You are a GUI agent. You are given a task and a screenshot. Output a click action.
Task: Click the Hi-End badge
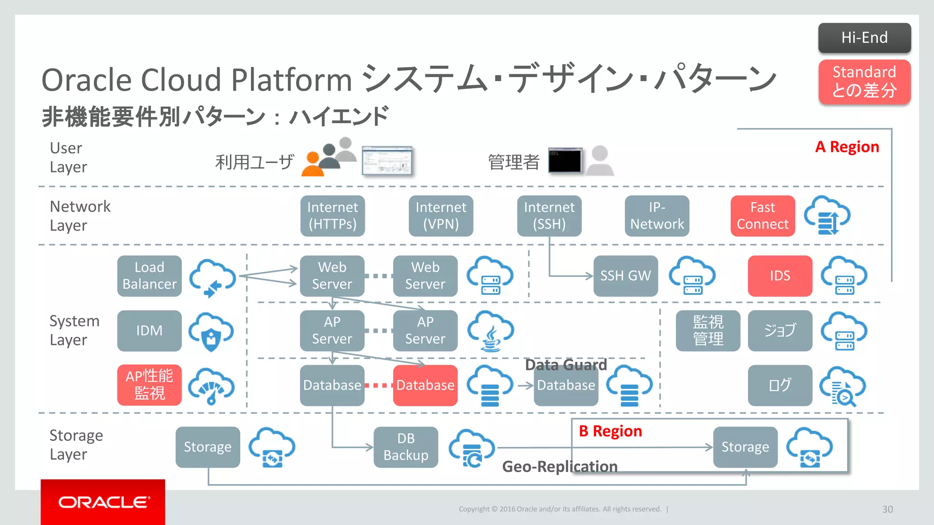coord(864,38)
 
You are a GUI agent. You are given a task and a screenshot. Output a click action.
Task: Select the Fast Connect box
coord(763,216)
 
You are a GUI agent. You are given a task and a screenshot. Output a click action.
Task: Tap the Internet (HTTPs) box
coord(332,216)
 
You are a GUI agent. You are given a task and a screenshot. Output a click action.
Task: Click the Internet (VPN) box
coord(441,216)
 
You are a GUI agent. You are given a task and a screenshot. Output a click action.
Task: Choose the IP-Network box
coord(657,216)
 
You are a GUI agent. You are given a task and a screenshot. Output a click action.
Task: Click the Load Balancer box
coord(149,276)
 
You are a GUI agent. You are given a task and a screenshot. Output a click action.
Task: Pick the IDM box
coord(149,330)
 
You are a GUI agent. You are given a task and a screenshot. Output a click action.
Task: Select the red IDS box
coord(780,276)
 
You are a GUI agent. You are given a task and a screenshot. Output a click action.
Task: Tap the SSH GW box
coord(625,276)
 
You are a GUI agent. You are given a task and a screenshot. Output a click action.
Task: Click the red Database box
coord(425,385)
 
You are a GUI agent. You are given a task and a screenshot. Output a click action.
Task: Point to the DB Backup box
coord(405,447)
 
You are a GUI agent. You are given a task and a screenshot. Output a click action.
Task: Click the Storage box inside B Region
coord(745,447)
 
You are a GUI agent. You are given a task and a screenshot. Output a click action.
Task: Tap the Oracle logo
coord(103,502)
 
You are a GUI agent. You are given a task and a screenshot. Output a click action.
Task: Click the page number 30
coord(887,509)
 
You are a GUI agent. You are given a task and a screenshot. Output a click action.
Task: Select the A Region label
coord(847,147)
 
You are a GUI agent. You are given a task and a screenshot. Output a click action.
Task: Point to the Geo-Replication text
coord(560,467)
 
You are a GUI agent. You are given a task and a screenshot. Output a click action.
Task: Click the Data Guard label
coord(566,365)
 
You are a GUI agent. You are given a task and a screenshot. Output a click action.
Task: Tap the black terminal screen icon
coord(565,160)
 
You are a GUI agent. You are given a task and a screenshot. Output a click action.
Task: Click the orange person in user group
coord(312,165)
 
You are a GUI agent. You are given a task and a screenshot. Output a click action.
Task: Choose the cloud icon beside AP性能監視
coord(212,386)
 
